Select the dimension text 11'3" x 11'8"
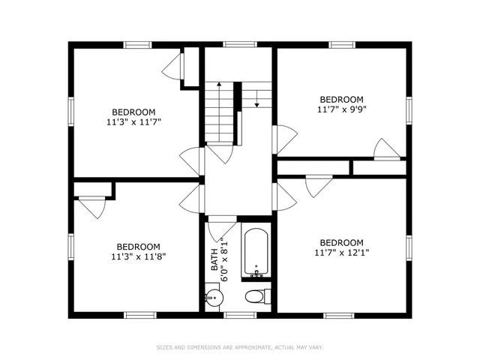138,256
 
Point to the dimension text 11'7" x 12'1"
341,253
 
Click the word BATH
214,259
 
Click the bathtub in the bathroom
256,250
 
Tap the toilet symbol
256,296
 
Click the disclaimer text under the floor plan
239,347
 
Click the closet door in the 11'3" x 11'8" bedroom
93,207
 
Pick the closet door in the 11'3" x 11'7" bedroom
172,66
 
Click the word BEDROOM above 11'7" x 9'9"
342,99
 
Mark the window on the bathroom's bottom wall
239,313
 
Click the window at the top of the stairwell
239,44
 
